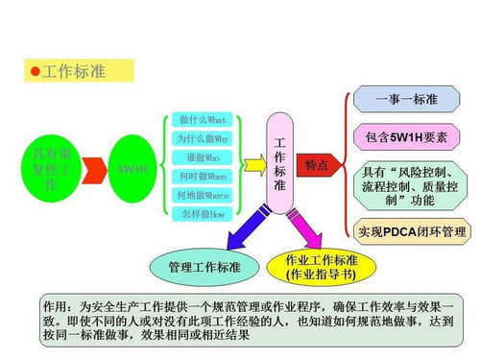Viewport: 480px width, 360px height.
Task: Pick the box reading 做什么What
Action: coord(203,120)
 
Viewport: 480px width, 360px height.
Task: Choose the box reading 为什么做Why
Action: coord(203,138)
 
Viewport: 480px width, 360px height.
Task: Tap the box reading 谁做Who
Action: coord(203,157)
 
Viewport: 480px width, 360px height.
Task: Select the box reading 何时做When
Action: coord(203,177)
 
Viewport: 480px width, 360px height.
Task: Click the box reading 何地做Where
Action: coord(203,195)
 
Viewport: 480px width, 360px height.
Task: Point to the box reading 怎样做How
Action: coord(203,214)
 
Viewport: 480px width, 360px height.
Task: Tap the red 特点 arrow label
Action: coord(316,165)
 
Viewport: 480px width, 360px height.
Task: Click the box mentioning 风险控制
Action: coord(411,186)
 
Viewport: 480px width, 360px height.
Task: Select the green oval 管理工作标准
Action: coord(204,266)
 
